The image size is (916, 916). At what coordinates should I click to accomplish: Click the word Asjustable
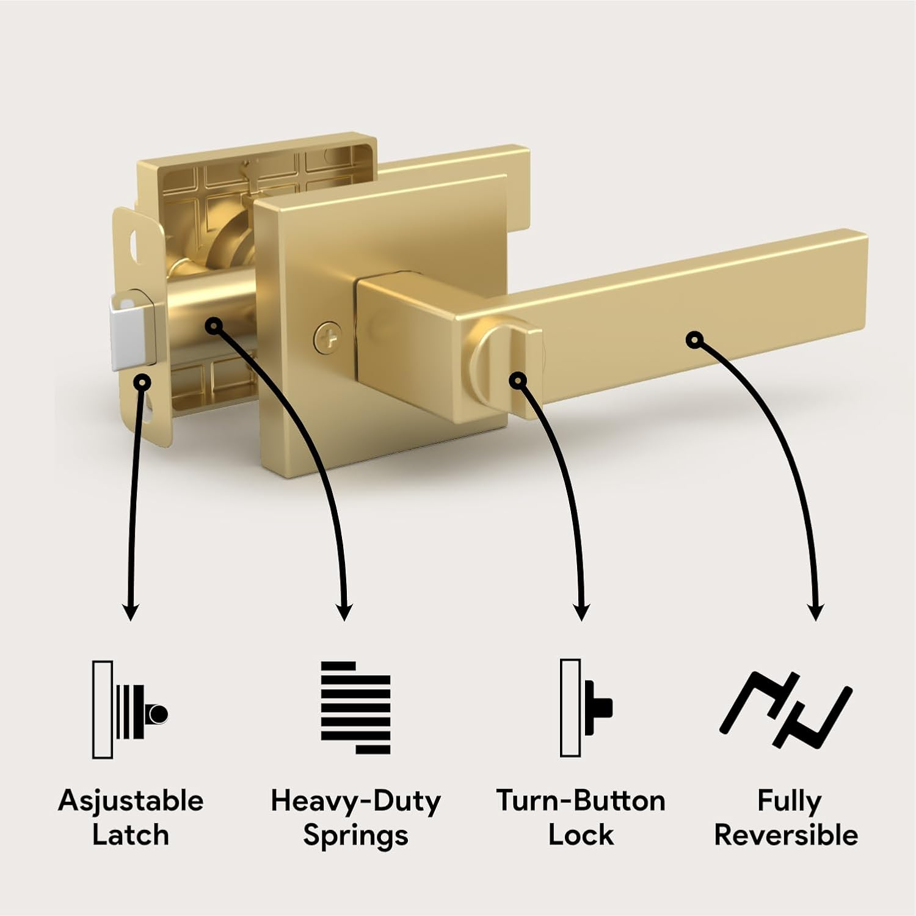131,801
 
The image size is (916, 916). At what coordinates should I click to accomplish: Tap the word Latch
131,835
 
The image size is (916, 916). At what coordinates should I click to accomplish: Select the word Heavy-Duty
355,801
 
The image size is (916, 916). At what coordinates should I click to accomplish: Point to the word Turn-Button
581,801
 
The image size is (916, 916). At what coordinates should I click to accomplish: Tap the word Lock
581,835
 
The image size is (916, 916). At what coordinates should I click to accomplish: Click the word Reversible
786,835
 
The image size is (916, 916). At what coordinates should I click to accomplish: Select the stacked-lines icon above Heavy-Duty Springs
355,708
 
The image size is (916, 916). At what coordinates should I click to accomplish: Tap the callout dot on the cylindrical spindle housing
213,326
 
